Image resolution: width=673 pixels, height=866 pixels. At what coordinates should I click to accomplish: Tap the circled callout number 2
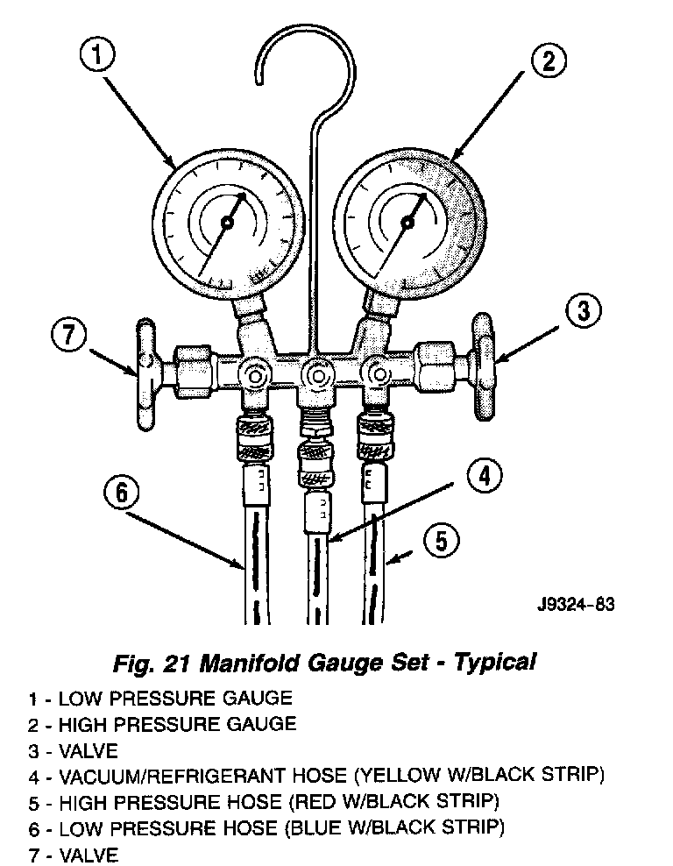[547, 60]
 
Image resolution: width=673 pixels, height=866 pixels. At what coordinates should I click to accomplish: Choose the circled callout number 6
[122, 493]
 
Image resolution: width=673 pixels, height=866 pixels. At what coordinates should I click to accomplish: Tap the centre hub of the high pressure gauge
[407, 224]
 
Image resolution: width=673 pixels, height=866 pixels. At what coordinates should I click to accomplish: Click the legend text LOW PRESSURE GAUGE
[175, 698]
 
